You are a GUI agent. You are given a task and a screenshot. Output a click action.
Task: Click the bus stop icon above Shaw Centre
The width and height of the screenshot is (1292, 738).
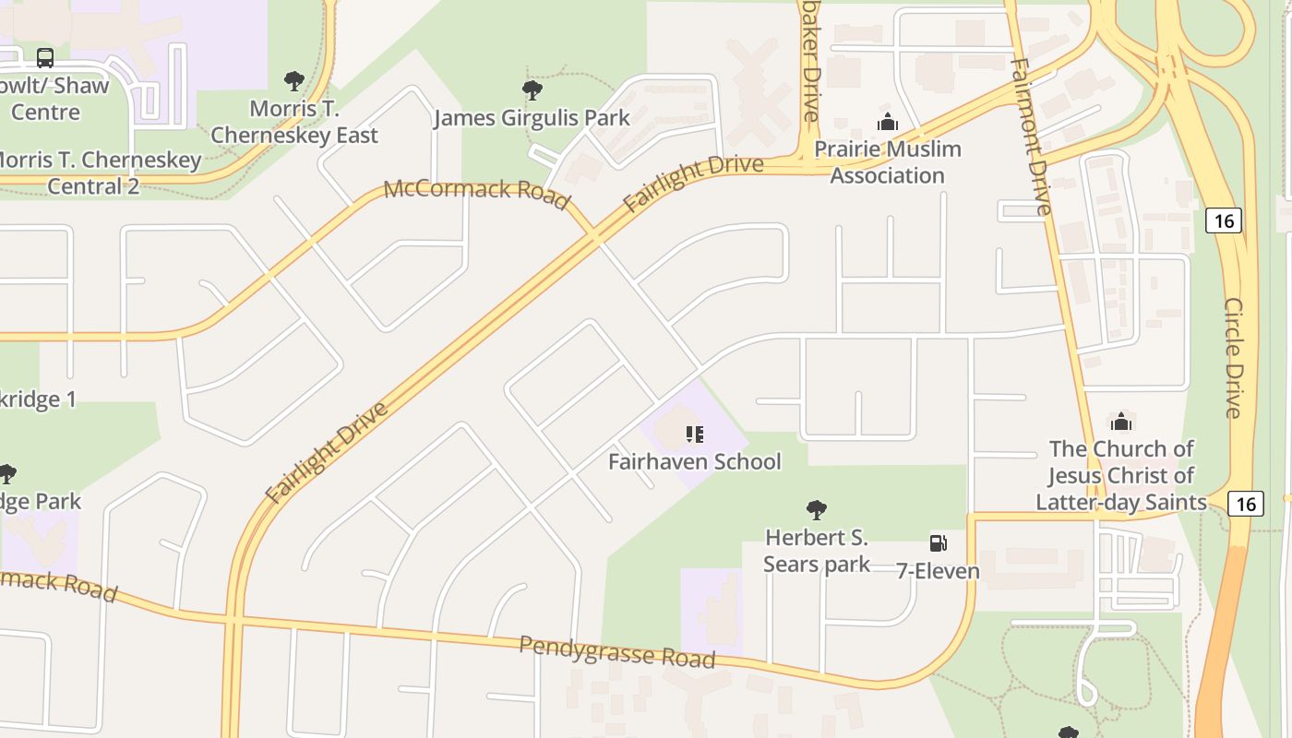tap(44, 58)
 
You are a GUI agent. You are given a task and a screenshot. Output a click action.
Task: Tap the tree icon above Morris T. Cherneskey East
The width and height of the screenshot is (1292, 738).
tap(294, 81)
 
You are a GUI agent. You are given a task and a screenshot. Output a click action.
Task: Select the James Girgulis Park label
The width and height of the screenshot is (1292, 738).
tap(532, 118)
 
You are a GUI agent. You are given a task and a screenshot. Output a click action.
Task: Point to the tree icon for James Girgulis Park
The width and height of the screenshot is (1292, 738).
tap(532, 90)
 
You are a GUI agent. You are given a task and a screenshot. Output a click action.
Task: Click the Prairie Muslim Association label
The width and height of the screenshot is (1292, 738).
tap(887, 161)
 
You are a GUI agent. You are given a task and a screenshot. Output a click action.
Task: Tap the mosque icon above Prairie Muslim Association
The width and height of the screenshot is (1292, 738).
tap(888, 122)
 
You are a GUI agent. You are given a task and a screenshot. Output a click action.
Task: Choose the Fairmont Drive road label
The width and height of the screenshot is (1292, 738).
tap(1032, 137)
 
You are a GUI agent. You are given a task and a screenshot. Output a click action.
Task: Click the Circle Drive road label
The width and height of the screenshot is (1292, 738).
tap(1234, 357)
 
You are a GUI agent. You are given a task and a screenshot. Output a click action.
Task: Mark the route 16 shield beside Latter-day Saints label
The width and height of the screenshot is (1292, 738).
tap(1246, 504)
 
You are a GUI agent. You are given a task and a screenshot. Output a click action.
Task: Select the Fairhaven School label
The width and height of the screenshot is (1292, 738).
tap(694, 461)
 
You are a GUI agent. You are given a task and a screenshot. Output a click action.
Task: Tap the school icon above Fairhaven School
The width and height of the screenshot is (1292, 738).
tap(694, 434)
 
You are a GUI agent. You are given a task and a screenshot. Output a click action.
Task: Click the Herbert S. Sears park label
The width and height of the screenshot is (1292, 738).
tap(817, 550)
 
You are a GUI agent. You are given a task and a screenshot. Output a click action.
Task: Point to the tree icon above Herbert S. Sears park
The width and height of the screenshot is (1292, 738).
tap(816, 509)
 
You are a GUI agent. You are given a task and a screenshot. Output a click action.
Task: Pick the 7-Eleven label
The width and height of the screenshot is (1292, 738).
tap(938, 571)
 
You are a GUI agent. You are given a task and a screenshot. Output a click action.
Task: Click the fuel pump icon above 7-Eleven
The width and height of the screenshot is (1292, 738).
tap(938, 542)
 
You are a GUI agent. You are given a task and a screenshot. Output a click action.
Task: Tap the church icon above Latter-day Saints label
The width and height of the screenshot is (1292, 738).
tap(1121, 422)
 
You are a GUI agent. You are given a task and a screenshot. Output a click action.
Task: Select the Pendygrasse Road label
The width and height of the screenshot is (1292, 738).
tap(616, 651)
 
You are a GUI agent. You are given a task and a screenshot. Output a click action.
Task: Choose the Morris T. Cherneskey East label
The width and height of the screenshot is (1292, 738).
tap(294, 122)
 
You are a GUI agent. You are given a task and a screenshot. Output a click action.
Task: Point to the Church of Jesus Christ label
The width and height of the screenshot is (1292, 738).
tap(1121, 475)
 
